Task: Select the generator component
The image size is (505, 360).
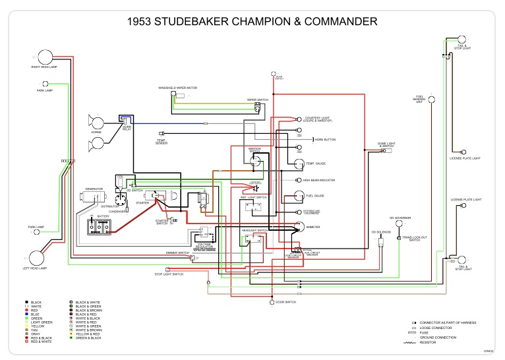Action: point(92,196)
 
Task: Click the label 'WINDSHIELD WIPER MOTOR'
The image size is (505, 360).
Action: point(178,88)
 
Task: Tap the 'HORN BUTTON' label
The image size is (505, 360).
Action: point(325,140)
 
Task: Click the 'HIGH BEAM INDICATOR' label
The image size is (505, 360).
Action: point(318,180)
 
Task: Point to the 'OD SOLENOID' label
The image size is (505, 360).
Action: point(381,232)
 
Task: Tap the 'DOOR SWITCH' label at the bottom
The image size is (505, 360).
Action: point(286,302)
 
